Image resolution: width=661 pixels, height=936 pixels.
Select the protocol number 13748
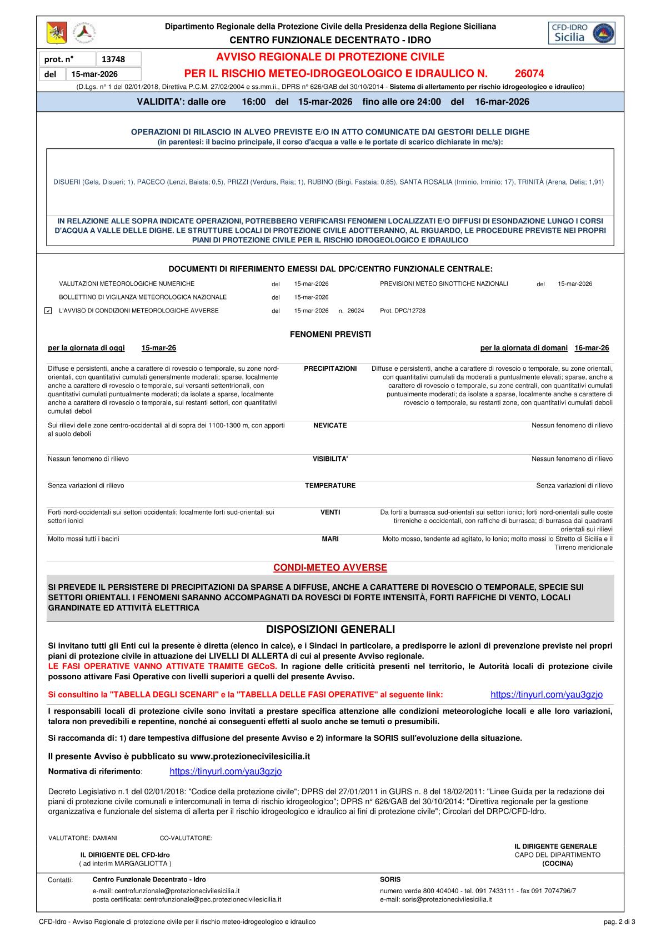coord(113,59)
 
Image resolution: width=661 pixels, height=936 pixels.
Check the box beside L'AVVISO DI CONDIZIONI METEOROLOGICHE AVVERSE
coord(48,311)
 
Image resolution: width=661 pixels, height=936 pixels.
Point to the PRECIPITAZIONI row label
coord(330,369)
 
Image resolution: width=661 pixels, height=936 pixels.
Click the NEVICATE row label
coord(330,426)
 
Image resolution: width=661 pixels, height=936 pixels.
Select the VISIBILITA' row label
coord(330,459)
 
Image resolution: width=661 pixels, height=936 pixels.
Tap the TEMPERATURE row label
coord(330,486)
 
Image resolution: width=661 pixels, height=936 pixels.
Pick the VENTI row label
coord(330,512)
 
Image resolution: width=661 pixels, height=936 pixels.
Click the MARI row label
coord(330,539)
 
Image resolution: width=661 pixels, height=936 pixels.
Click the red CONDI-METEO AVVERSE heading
coord(330,567)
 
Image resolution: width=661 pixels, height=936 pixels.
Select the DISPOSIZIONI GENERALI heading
coord(330,630)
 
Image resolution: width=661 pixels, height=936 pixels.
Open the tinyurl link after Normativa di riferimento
coord(226,771)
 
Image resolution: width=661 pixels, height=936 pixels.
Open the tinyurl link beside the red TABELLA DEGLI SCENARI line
coord(547,695)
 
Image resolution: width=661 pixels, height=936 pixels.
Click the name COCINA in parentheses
coord(557,864)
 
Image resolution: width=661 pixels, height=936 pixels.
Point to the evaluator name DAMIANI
coord(105,838)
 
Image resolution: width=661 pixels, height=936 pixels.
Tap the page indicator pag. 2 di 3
coord(619,922)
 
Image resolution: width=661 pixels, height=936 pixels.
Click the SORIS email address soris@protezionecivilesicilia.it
coord(447,899)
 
